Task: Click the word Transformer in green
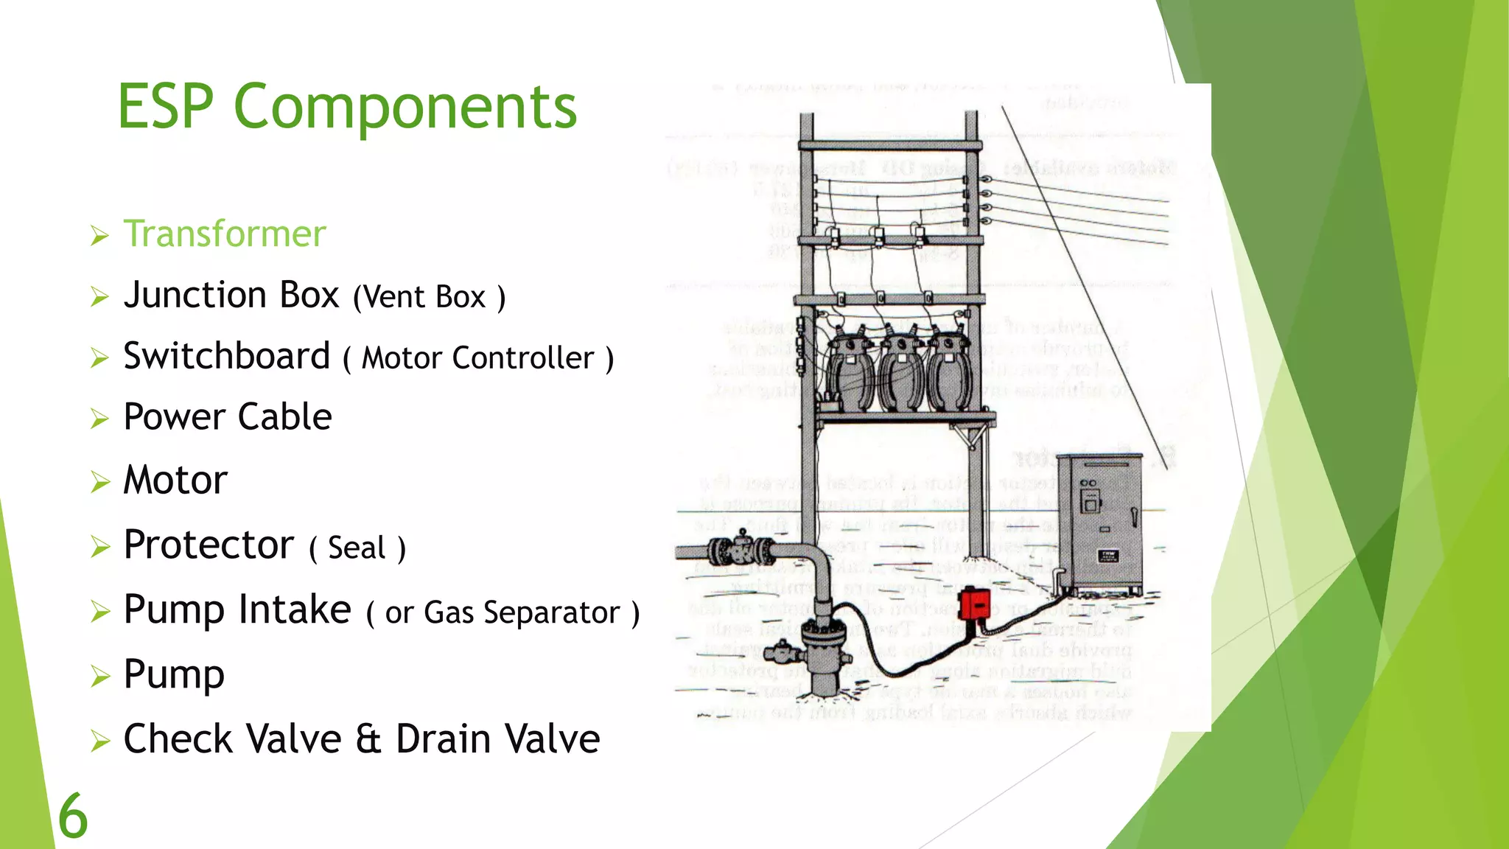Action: (224, 234)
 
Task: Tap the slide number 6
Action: (72, 817)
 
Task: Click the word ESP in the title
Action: (166, 107)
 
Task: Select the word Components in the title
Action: (405, 108)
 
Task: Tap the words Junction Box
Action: (231, 295)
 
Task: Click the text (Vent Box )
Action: (429, 298)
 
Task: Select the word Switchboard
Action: (226, 357)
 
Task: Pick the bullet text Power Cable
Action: (227, 417)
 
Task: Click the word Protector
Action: (209, 545)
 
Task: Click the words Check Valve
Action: (232, 739)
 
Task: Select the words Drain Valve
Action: (498, 739)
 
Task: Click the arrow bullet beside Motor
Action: (99, 482)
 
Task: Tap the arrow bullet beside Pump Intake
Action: (99, 612)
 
